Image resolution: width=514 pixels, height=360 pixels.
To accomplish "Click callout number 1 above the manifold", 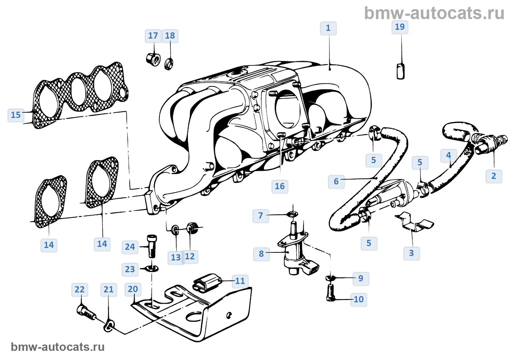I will tap(328, 28).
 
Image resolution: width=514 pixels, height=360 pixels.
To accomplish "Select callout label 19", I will tap(400, 27).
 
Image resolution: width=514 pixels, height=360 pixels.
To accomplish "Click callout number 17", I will tap(153, 36).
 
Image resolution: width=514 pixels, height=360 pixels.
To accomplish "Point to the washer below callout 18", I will tap(169, 64).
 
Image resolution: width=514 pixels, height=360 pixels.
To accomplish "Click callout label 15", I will tap(16, 115).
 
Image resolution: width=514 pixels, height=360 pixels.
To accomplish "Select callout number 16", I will tap(280, 186).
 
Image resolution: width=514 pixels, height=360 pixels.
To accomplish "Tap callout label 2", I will tap(493, 176).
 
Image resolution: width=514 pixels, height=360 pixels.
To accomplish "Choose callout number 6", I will tap(336, 181).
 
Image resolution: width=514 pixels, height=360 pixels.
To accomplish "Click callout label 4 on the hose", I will tap(449, 155).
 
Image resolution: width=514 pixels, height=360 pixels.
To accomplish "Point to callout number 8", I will tap(261, 254).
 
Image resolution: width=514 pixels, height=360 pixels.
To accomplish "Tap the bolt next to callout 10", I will tap(330, 293).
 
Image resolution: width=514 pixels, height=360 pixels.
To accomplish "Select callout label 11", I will tap(240, 281).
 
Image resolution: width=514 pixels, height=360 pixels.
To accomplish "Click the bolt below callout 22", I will tap(86, 312).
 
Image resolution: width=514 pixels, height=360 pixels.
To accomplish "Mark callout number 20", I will tap(133, 289).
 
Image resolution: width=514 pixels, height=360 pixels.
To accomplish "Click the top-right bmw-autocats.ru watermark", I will tap(434, 13).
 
